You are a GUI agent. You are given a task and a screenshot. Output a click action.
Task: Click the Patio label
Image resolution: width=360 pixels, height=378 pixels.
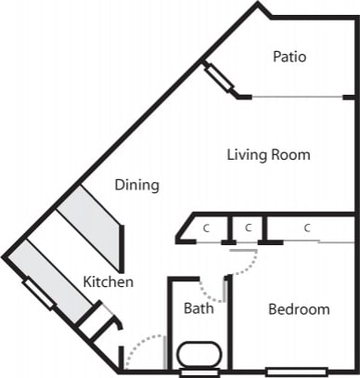pos(289,58)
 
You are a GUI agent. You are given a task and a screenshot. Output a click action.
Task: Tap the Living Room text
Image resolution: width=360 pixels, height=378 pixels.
pos(268,154)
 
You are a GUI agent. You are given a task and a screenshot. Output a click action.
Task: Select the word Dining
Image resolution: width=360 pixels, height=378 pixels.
pos(136,185)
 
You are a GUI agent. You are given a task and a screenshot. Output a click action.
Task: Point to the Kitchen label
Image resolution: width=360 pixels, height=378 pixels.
pos(109,281)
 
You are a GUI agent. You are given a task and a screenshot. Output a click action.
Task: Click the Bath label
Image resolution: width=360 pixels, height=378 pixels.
pos(199,307)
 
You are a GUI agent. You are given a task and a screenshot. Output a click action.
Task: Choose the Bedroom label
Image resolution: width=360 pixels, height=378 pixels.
pos(299,309)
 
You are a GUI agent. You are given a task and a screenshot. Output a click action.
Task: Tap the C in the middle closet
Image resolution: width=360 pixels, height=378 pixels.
pos(248,228)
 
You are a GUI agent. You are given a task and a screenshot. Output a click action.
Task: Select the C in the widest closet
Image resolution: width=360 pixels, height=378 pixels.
pos(305,228)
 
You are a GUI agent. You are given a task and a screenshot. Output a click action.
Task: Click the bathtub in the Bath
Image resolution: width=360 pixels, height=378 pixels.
pos(197,355)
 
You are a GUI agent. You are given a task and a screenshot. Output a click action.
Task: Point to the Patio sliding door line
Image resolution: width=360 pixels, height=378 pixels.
pos(297,97)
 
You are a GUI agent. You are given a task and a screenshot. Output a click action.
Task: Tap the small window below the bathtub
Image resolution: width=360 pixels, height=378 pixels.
pos(198,373)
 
